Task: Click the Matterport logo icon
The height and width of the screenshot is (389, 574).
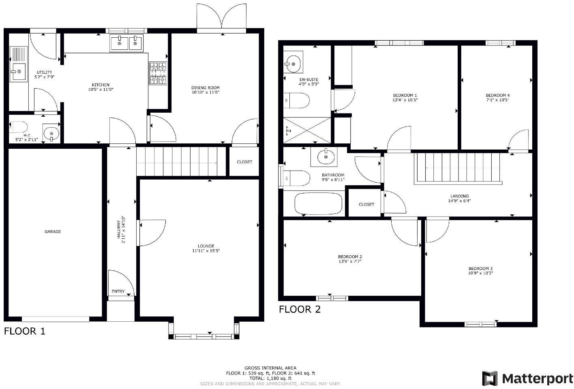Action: pos(490,378)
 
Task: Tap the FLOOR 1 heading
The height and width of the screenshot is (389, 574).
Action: pos(25,331)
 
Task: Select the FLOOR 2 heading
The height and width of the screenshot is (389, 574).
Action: pos(300,310)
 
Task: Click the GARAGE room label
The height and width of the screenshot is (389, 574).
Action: pos(53,232)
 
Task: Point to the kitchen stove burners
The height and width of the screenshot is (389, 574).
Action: pos(158,73)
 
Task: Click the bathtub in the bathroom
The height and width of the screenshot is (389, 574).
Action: pos(319,204)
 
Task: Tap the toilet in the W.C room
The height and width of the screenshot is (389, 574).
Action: pos(18,127)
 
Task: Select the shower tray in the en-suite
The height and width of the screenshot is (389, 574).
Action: pos(307,130)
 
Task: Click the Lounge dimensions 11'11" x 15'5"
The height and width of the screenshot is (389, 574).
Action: pos(206,251)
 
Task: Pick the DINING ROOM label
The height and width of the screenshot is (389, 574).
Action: pos(206,88)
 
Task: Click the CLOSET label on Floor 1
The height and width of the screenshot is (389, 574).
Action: pos(244,162)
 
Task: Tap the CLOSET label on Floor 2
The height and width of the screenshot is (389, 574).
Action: pos(366,205)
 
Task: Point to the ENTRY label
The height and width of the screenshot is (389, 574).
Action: pos(118,291)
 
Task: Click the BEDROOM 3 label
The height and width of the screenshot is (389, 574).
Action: pos(480,269)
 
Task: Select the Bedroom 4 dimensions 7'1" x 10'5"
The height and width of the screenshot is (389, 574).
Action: pos(497,100)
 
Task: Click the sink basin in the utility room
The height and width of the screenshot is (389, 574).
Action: pos(18,72)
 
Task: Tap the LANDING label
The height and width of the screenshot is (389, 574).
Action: pos(459,196)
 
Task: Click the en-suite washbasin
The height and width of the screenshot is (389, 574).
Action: pos(293,62)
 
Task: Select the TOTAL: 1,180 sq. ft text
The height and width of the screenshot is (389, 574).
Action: pos(270,378)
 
